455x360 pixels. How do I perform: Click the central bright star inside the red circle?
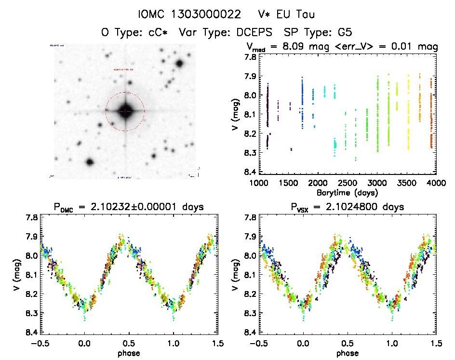click(x=125, y=111)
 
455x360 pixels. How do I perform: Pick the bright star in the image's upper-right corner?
click(x=180, y=64)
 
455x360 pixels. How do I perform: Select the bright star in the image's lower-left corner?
click(x=89, y=162)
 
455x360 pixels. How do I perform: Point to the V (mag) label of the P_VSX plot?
click(x=235, y=275)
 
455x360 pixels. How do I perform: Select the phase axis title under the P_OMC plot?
click(x=129, y=353)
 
